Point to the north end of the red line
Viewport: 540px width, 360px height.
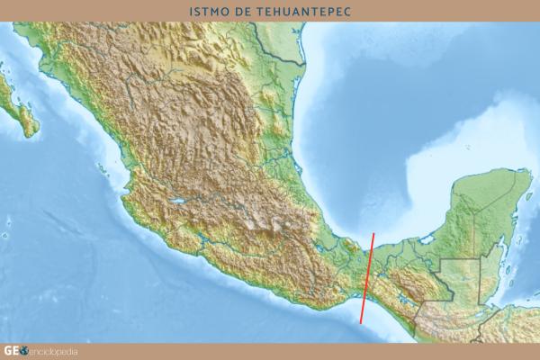374,233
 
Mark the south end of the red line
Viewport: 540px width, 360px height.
362,322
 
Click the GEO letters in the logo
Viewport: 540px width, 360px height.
12,351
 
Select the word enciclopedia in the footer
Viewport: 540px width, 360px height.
55,351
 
